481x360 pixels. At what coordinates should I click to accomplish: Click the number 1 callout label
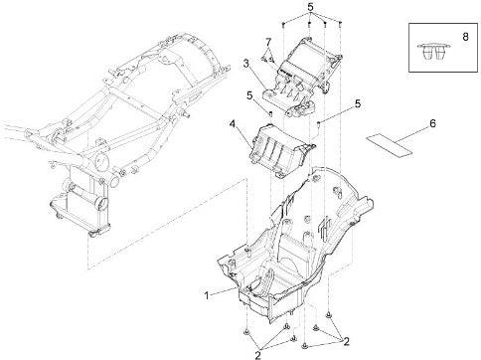coord(207,295)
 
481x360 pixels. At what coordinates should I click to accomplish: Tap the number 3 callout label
coord(246,64)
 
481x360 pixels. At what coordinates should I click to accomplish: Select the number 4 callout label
coord(233,124)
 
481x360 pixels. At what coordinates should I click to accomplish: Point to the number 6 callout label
coord(432,123)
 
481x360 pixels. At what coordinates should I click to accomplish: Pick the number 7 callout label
coord(268,42)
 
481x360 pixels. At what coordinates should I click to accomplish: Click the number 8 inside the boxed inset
coord(465,37)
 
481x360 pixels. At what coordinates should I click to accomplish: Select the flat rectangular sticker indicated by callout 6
coord(389,144)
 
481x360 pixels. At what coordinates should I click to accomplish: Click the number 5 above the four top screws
coord(310,7)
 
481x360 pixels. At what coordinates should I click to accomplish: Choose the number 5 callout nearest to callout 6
coord(358,103)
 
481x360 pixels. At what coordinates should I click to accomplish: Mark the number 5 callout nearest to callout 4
coord(249,95)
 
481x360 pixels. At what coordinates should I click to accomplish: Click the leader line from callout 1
coord(224,291)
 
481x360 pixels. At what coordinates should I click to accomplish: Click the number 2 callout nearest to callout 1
coord(257,355)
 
